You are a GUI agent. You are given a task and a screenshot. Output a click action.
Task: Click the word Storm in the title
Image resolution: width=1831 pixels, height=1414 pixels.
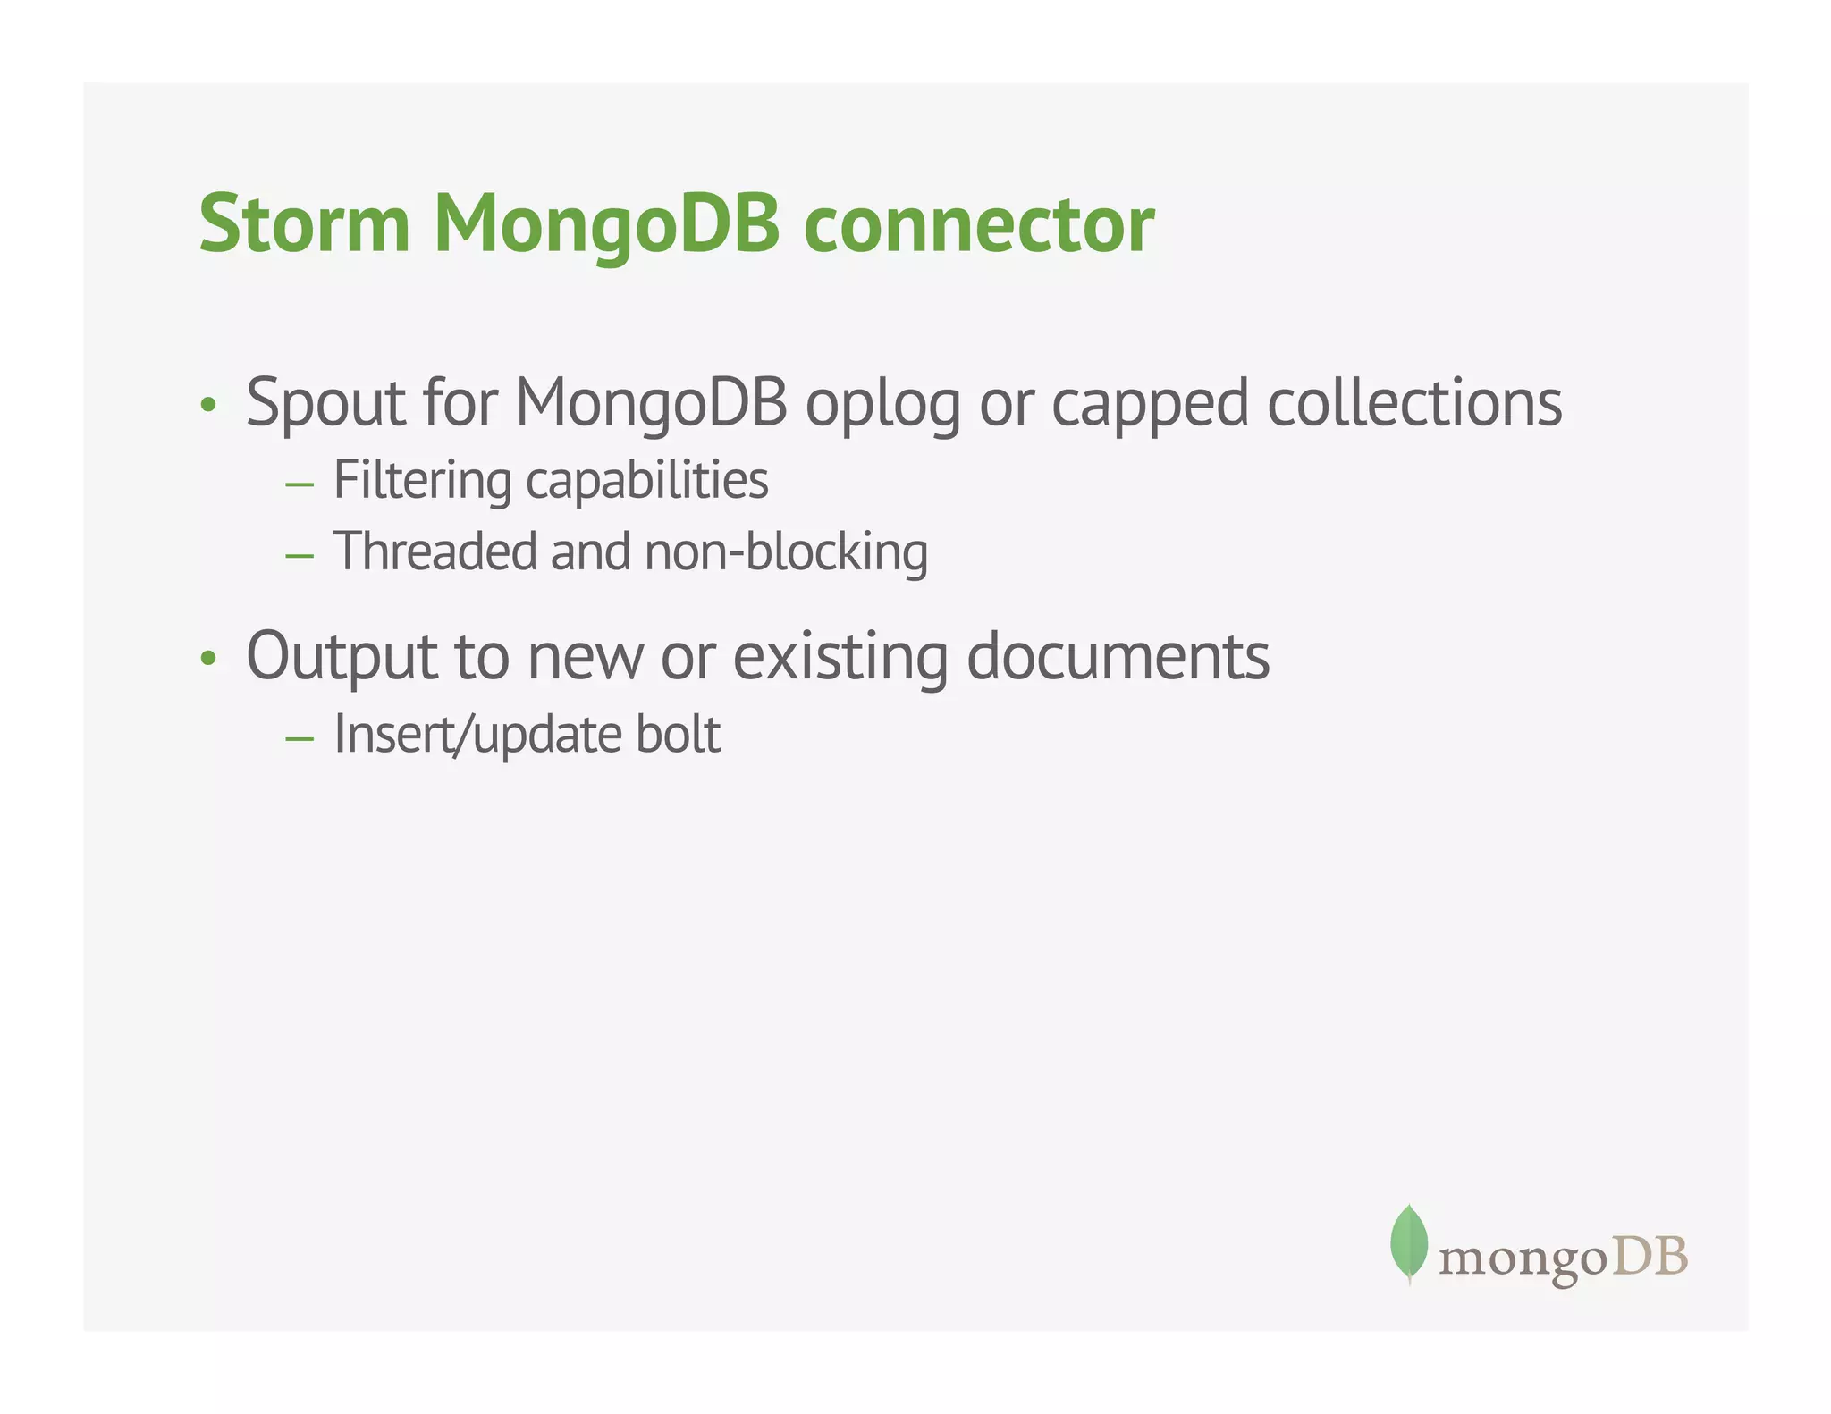pyautogui.click(x=304, y=224)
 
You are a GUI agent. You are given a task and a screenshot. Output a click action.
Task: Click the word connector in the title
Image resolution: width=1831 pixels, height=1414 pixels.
pyautogui.click(x=979, y=226)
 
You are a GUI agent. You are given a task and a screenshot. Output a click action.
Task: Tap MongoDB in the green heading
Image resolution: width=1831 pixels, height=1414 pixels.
pyautogui.click(x=607, y=226)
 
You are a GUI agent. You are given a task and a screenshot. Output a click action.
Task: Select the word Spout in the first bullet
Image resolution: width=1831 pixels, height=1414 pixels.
pyautogui.click(x=325, y=404)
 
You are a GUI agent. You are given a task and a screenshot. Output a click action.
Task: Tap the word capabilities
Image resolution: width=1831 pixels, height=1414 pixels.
pyautogui.click(x=647, y=482)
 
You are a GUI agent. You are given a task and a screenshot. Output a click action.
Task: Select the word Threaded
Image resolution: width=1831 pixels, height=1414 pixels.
pyautogui.click(x=435, y=551)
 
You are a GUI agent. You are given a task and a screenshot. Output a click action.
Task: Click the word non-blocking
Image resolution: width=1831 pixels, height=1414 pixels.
pyautogui.click(x=786, y=552)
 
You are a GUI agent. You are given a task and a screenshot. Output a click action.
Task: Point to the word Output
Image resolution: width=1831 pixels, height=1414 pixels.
pyautogui.click(x=342, y=658)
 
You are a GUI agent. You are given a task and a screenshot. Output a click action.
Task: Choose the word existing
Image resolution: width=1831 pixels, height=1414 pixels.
pyautogui.click(x=840, y=658)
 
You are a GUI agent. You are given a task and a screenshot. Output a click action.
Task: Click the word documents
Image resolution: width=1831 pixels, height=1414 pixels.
pyautogui.click(x=1118, y=657)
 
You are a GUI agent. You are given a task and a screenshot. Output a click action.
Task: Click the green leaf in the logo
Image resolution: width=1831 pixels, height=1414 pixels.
pyautogui.click(x=1409, y=1242)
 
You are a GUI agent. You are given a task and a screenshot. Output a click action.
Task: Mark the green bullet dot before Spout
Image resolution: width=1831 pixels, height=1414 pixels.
pyautogui.click(x=208, y=406)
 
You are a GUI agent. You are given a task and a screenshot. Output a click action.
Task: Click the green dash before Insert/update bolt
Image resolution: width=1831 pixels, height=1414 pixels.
pyautogui.click(x=300, y=739)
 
